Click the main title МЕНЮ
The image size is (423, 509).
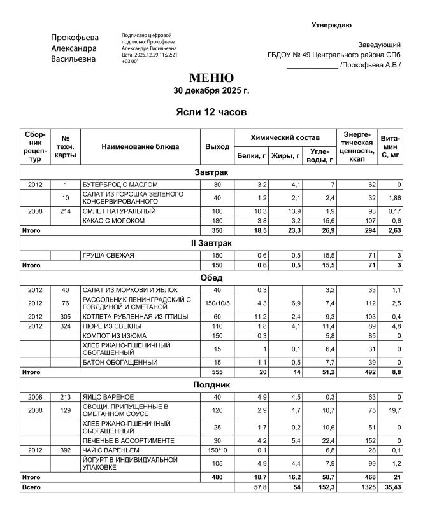click(x=211, y=78)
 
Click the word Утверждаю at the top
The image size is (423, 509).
click(x=331, y=25)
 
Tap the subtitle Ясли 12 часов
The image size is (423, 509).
click(x=211, y=112)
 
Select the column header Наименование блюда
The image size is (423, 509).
click(x=140, y=146)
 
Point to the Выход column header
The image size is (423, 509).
click(x=217, y=146)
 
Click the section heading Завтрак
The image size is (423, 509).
click(x=211, y=172)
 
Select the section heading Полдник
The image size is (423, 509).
click(x=211, y=384)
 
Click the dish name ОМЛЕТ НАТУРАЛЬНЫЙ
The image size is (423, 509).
click(x=119, y=211)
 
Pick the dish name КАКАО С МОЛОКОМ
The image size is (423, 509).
click(x=115, y=220)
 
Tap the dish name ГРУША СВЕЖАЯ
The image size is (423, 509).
click(x=108, y=255)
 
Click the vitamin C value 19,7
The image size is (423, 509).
click(x=394, y=410)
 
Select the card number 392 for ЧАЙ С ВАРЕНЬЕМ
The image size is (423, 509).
click(x=65, y=450)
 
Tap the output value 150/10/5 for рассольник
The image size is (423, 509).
click(x=218, y=303)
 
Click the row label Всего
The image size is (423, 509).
click(x=31, y=487)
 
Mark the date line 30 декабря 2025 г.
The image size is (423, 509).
click(x=211, y=91)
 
